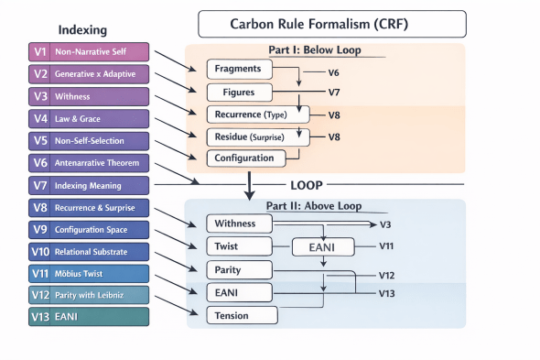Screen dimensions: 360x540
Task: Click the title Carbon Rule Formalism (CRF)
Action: (332, 24)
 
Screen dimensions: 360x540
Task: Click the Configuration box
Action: (244, 158)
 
